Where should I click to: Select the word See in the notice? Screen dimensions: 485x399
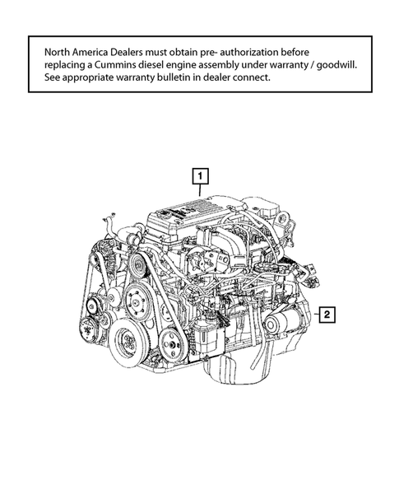tap(54, 78)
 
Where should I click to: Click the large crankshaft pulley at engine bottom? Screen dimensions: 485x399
tap(130, 341)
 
